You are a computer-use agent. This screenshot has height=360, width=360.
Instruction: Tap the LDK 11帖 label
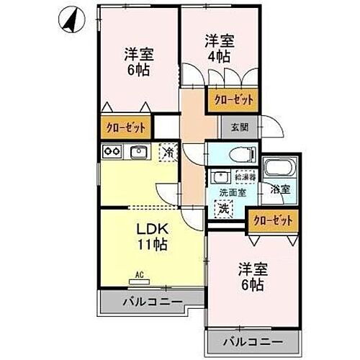(x=153, y=237)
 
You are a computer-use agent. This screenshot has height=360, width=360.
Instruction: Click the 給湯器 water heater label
(x=243, y=176)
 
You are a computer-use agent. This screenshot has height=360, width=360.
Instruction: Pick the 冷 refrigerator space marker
(x=168, y=152)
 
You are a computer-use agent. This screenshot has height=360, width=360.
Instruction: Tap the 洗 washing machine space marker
(x=224, y=208)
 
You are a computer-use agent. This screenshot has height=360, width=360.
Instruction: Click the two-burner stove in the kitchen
(x=112, y=151)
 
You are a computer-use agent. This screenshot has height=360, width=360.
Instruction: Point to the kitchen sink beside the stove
(x=138, y=151)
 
